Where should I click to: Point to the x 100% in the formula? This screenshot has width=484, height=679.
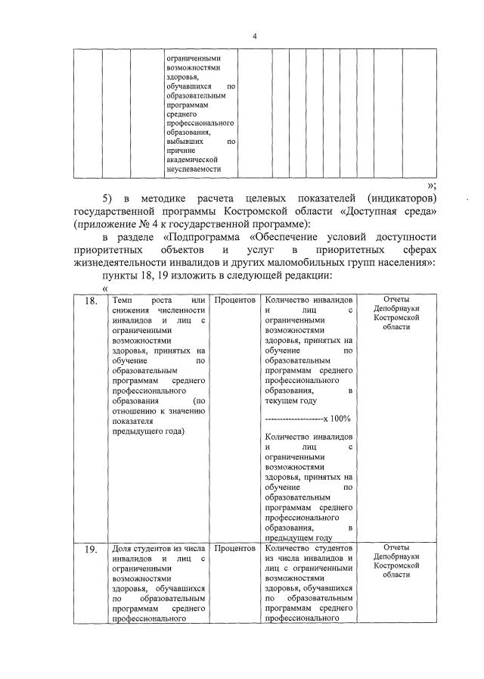pyautogui.click(x=337, y=419)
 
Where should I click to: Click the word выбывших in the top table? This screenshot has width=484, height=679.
pyautogui.click(x=184, y=141)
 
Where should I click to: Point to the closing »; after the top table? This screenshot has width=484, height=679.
pyautogui.click(x=431, y=184)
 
